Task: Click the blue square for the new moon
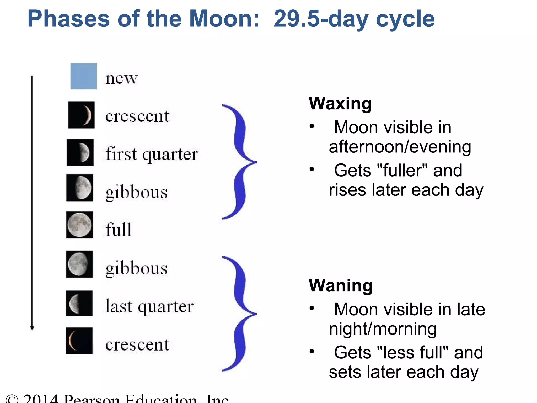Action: pyautogui.click(x=83, y=76)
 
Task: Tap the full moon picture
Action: pyautogui.click(x=79, y=225)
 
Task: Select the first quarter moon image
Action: pyautogui.click(x=80, y=152)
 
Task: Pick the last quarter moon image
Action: pyautogui.click(x=79, y=303)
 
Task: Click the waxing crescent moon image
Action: pyautogui.click(x=81, y=115)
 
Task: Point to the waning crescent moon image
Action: pyautogui.click(x=79, y=341)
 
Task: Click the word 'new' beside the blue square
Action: pyautogui.click(x=121, y=78)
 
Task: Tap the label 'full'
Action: pyautogui.click(x=119, y=229)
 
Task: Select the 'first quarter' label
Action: pyautogui.click(x=152, y=154)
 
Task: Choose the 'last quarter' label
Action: pyautogui.click(x=149, y=306)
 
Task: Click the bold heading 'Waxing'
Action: pyautogui.click(x=340, y=103)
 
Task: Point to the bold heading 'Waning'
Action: pyautogui.click(x=341, y=285)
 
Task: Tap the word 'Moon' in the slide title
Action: pyautogui.click(x=224, y=19)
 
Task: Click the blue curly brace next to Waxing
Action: pyautogui.click(x=240, y=162)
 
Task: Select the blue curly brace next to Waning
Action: pyautogui.click(x=240, y=314)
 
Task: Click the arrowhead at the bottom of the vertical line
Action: pyautogui.click(x=32, y=328)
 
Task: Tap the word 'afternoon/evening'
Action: pyautogui.click(x=400, y=147)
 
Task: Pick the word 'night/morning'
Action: pyautogui.click(x=383, y=329)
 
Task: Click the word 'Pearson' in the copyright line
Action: pyautogui.click(x=92, y=399)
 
